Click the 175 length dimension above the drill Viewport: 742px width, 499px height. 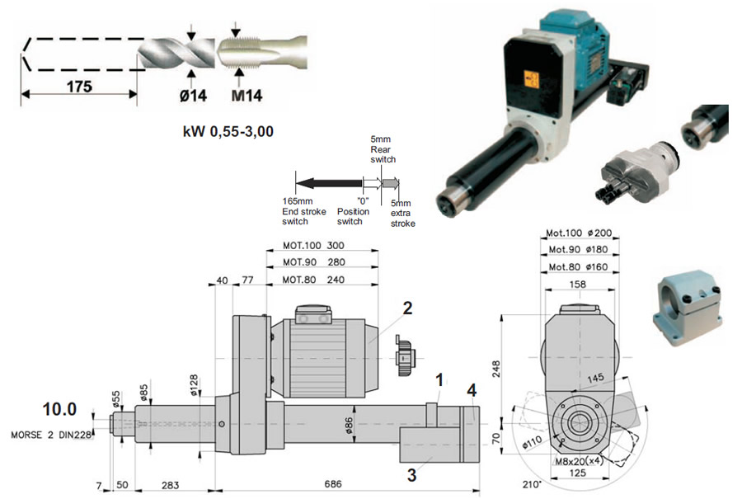pos(79,87)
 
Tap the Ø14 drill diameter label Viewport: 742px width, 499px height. pos(193,96)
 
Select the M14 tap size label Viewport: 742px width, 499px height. pos(247,96)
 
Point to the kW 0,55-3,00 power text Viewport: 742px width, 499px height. pos(228,131)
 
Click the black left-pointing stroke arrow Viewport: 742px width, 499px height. pos(329,183)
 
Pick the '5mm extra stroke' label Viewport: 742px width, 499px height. pos(402,213)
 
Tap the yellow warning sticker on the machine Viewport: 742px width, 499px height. pos(532,79)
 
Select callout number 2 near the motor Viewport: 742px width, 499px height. pos(407,308)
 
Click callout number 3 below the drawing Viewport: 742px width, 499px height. pos(411,475)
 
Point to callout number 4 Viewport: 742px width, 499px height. pos(472,391)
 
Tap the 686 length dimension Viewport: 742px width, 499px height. pos(333,484)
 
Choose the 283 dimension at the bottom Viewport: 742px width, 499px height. pos(171,485)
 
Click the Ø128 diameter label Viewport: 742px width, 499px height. pos(194,385)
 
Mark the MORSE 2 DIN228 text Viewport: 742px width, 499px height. pos(51,435)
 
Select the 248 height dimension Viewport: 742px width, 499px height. pos(495,369)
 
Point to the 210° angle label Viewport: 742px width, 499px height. pos(532,485)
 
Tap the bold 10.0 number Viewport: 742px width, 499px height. pos(59,409)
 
